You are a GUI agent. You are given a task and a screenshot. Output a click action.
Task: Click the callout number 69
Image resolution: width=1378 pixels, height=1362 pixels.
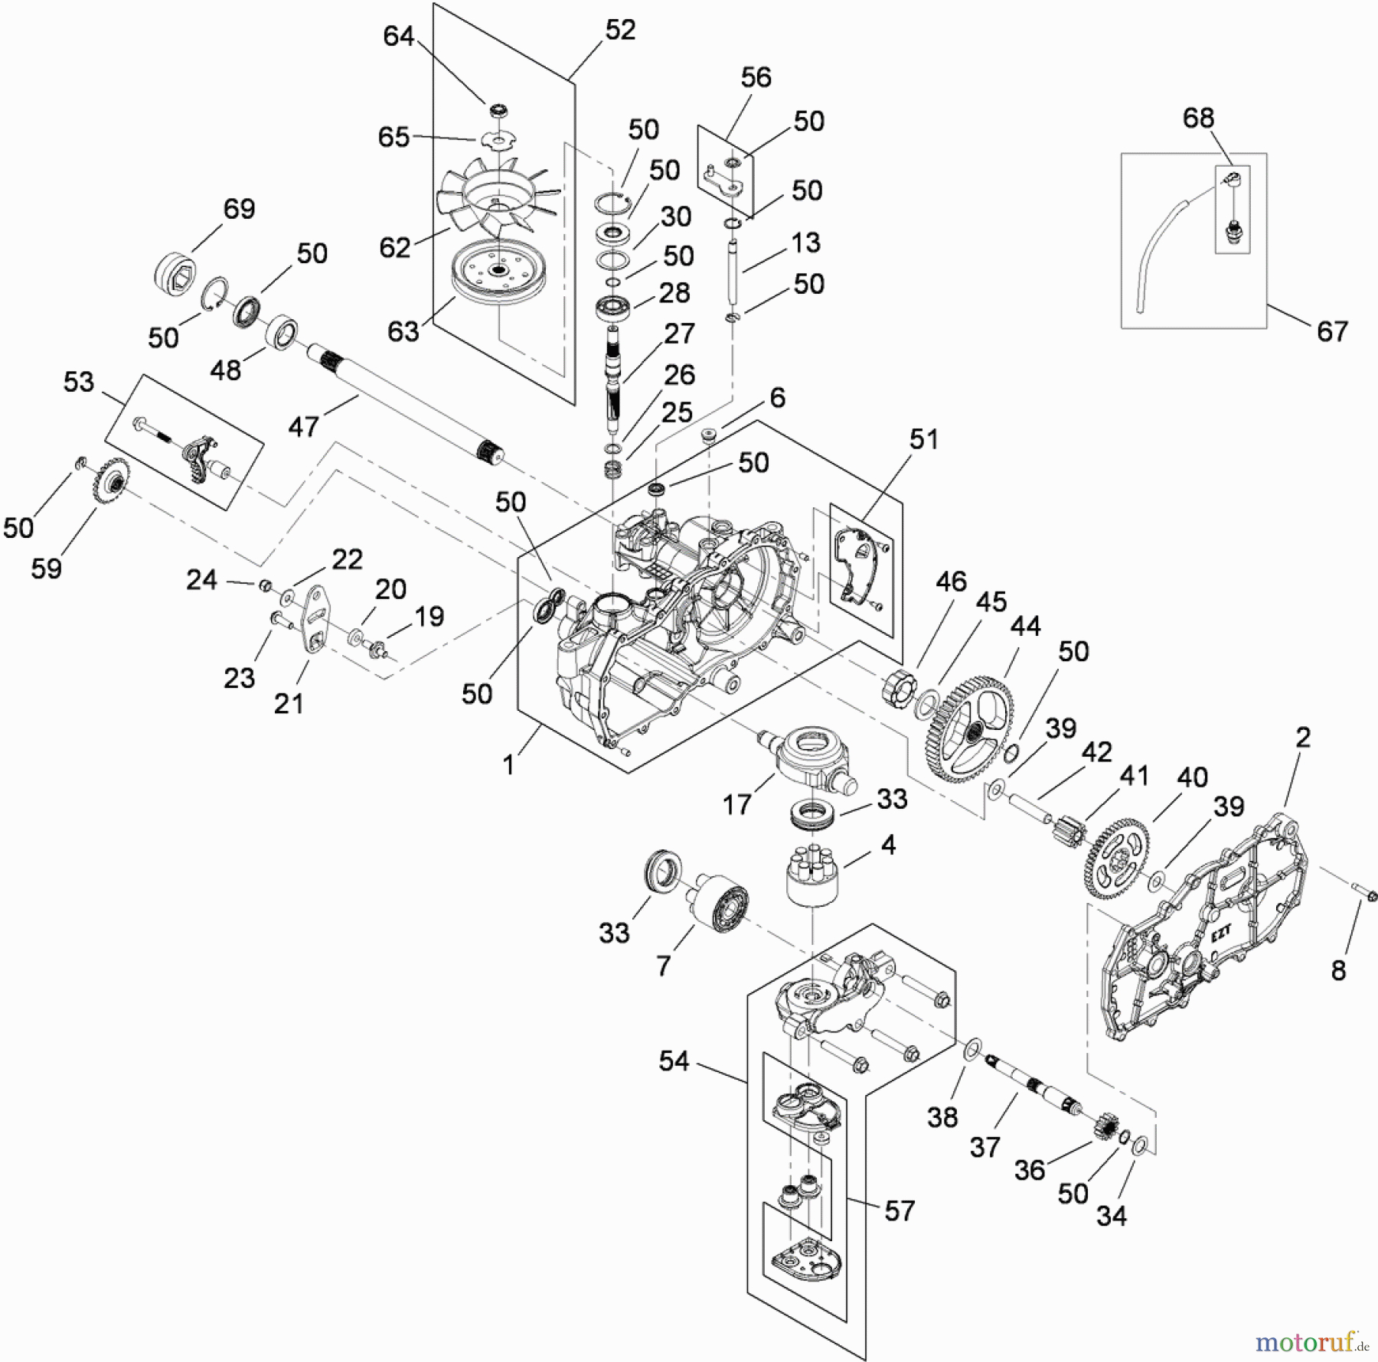click(x=239, y=209)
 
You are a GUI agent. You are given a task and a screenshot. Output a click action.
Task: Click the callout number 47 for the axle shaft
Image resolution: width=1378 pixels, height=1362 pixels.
click(x=303, y=426)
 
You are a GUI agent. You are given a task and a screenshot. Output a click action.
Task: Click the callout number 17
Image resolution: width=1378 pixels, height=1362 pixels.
click(x=736, y=804)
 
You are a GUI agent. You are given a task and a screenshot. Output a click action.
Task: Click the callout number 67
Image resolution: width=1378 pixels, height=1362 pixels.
click(x=1332, y=331)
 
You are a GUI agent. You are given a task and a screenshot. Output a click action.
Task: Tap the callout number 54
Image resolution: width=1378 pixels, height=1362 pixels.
click(x=674, y=1061)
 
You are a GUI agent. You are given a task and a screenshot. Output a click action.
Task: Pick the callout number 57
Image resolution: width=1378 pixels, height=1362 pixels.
click(x=900, y=1210)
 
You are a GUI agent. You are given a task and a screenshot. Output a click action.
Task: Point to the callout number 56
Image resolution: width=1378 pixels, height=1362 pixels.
click(x=756, y=77)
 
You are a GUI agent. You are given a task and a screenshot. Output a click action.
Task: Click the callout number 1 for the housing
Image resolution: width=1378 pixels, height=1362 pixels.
click(x=508, y=764)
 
